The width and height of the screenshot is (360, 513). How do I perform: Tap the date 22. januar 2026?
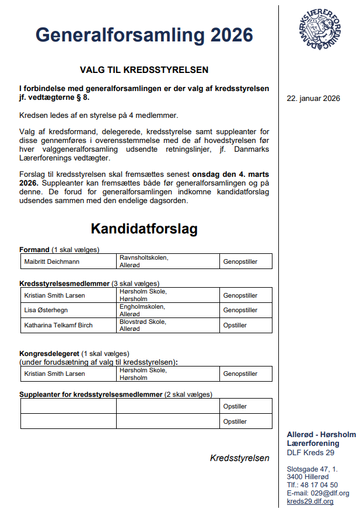coord(313,98)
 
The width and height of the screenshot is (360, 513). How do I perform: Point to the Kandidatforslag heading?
coord(144,229)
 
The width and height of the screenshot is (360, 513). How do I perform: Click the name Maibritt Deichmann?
coord(52,261)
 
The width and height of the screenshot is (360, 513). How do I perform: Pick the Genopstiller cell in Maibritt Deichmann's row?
coord(240,261)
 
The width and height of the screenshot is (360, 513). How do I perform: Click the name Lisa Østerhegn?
coord(46,310)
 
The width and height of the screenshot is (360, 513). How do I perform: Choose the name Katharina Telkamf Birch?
coord(58,325)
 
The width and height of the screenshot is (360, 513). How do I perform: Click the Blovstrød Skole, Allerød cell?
coord(143,325)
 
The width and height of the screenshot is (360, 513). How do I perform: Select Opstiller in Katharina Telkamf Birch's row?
coord(235,325)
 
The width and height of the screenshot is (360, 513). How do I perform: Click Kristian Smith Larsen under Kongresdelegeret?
coord(54,374)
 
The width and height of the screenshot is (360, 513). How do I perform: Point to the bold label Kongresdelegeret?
coord(50,354)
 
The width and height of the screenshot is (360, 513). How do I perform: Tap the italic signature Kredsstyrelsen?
coord(239,458)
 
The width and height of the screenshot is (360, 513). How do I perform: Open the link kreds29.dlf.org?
coord(310,501)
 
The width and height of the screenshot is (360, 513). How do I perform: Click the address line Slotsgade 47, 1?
coord(312,469)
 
